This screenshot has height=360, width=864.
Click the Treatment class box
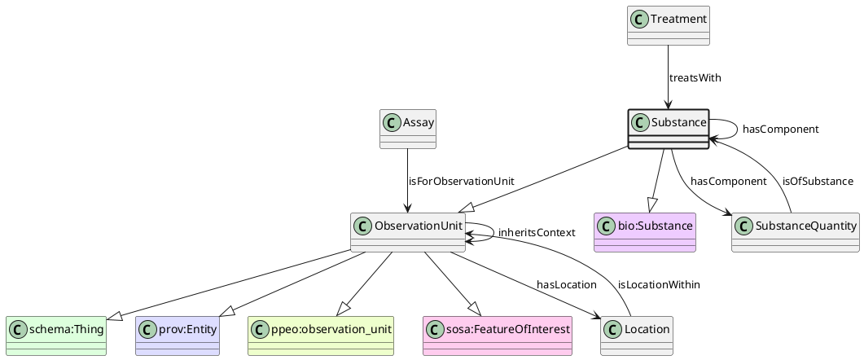pos(669,24)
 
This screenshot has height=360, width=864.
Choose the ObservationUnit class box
pos(408,232)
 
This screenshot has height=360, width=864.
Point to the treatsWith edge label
pos(695,78)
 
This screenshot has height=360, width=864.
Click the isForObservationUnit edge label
pos(462,181)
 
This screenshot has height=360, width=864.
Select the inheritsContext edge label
pos(537,233)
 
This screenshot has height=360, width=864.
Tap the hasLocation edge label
pos(567,284)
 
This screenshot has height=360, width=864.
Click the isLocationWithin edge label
pos(659,284)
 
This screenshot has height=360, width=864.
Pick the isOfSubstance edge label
pos(818,181)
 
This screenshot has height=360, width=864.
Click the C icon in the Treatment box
pos(640,16)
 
